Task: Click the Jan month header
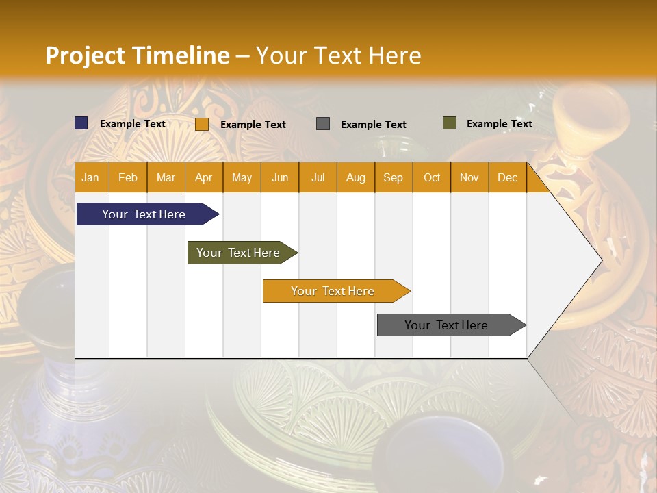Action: coord(91,177)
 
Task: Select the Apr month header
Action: coord(204,177)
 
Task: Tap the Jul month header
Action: coord(318,177)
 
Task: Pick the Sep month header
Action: coord(394,177)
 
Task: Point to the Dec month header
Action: coord(507,177)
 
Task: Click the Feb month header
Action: coord(128,177)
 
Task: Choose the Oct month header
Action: coord(432,177)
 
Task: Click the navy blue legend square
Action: coord(81,123)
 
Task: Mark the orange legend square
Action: coord(202,124)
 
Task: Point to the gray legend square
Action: coord(323,123)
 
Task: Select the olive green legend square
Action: coord(450,123)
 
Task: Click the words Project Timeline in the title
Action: coord(137,55)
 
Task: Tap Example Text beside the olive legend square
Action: coord(499,124)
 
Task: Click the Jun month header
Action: coord(280,177)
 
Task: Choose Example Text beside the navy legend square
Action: coord(132,124)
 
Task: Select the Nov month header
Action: coord(469,177)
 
